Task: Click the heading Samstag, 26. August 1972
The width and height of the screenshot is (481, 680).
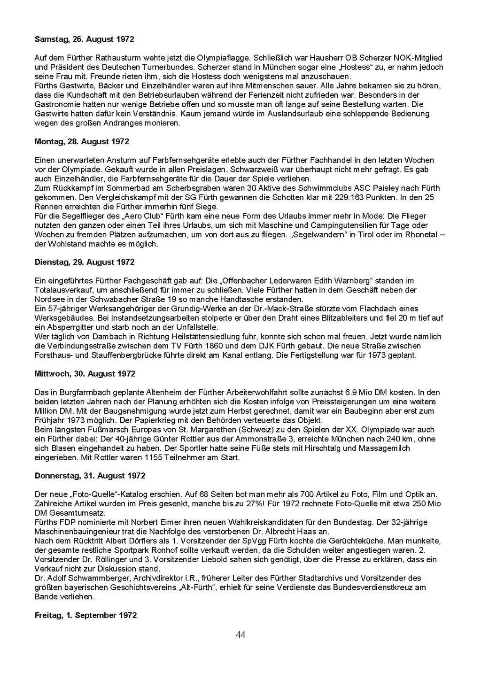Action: pos(84,39)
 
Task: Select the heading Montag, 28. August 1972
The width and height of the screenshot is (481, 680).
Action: pos(82,141)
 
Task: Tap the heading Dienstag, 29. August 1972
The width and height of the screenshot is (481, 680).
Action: pos(85,262)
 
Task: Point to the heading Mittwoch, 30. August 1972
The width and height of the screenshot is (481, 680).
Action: pos(85,374)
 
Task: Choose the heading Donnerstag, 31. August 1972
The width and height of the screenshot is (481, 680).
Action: pos(90,476)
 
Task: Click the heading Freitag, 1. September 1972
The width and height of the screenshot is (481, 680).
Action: pos(85,615)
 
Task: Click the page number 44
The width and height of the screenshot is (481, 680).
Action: pos(240,635)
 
